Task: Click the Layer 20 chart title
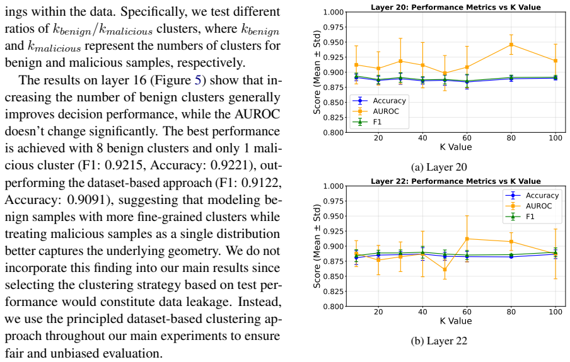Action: coord(456,7)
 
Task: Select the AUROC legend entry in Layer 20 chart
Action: coord(380,111)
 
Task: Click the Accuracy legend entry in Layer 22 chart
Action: coord(532,195)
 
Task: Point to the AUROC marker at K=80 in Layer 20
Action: coord(511,45)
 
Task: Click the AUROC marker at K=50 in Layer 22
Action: coord(445,269)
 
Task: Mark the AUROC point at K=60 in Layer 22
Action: coord(467,239)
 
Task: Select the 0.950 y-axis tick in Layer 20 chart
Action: coord(334,42)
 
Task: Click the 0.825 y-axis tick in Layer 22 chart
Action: coord(334,291)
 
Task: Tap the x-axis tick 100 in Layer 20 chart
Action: coord(555,138)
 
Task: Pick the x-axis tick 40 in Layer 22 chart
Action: coord(422,312)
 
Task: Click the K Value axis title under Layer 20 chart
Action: coord(456,147)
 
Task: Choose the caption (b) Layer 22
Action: coord(439,341)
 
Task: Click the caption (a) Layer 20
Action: coord(439,167)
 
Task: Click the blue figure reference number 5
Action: coord(198,80)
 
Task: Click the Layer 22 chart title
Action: coord(456,181)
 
